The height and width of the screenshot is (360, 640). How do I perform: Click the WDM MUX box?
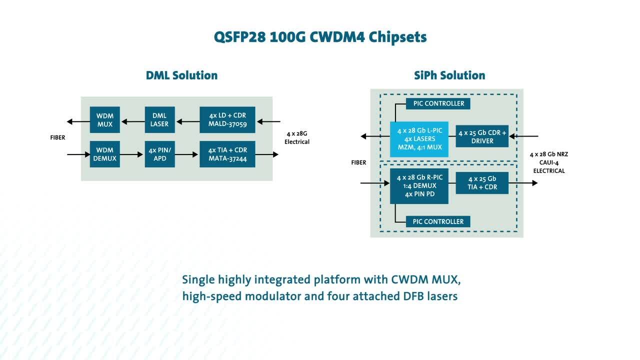[x=105, y=119]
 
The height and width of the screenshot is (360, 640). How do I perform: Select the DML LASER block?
[x=159, y=119]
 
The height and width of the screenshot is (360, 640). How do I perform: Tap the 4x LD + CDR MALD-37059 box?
[x=227, y=119]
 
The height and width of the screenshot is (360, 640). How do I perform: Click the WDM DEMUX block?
[x=105, y=154]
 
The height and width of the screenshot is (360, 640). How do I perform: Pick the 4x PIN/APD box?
[x=159, y=154]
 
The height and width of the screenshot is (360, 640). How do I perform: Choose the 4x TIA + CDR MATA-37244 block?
[x=227, y=154]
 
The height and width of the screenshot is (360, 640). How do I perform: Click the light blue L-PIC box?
[x=419, y=139]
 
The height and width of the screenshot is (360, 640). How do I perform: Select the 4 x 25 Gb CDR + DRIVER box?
[x=482, y=136]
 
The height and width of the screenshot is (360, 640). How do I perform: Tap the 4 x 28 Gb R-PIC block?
[x=419, y=186]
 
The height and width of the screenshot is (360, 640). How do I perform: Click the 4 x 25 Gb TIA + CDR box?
[x=482, y=183]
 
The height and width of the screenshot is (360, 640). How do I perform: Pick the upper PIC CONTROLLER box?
[x=438, y=103]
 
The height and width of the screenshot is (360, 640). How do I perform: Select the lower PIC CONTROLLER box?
[x=438, y=221]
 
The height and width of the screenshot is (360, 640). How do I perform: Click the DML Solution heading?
[x=181, y=75]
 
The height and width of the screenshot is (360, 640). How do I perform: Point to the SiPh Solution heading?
[x=449, y=75]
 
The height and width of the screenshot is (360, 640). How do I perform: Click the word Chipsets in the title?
[x=397, y=37]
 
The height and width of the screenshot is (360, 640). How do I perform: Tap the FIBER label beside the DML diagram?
[x=57, y=137]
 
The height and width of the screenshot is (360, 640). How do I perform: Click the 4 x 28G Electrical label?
[x=297, y=137]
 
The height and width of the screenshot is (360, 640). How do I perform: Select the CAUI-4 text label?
[x=549, y=162]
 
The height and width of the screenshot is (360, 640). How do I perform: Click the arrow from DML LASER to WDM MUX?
[x=133, y=121]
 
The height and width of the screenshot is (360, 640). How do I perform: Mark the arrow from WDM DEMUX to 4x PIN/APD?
[x=131, y=154]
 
